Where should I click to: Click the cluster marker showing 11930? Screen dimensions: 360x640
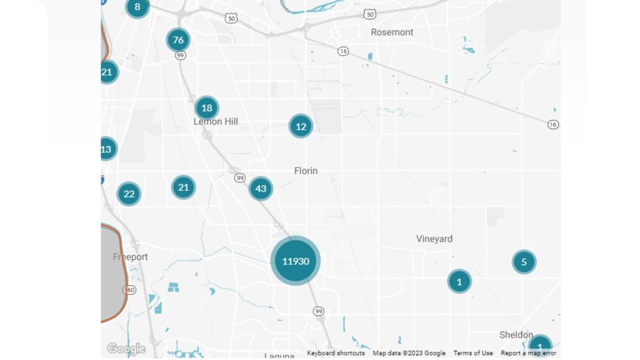pyautogui.click(x=295, y=261)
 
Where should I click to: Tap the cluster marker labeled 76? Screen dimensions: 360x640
pyautogui.click(x=178, y=40)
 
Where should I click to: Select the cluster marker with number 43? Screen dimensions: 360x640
pyautogui.click(x=260, y=189)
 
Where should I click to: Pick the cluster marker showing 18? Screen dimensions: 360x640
pyautogui.click(x=207, y=108)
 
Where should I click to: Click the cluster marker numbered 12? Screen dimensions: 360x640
pyautogui.click(x=301, y=126)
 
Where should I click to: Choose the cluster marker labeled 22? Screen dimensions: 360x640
pyautogui.click(x=129, y=194)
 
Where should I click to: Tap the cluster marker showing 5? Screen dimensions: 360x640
pyautogui.click(x=524, y=262)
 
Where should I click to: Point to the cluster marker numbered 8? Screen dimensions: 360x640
pyautogui.click(x=137, y=7)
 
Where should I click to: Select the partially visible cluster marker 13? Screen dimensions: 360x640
pyautogui.click(x=107, y=149)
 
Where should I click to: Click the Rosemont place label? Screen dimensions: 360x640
pyautogui.click(x=392, y=32)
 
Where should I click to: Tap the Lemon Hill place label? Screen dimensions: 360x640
pyautogui.click(x=216, y=121)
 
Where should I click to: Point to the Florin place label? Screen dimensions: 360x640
pyautogui.click(x=306, y=171)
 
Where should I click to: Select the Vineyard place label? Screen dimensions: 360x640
pyautogui.click(x=434, y=239)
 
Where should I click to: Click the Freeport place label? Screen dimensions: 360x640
pyautogui.click(x=130, y=257)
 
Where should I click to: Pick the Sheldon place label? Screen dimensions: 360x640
pyautogui.click(x=516, y=335)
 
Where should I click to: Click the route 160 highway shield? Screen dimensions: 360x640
pyautogui.click(x=129, y=290)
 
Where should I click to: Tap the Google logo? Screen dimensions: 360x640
pyautogui.click(x=126, y=349)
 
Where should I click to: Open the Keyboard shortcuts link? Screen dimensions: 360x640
pyautogui.click(x=336, y=353)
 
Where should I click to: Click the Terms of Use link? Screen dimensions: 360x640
pyautogui.click(x=473, y=353)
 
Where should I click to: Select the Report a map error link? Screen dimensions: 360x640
pyautogui.click(x=528, y=353)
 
